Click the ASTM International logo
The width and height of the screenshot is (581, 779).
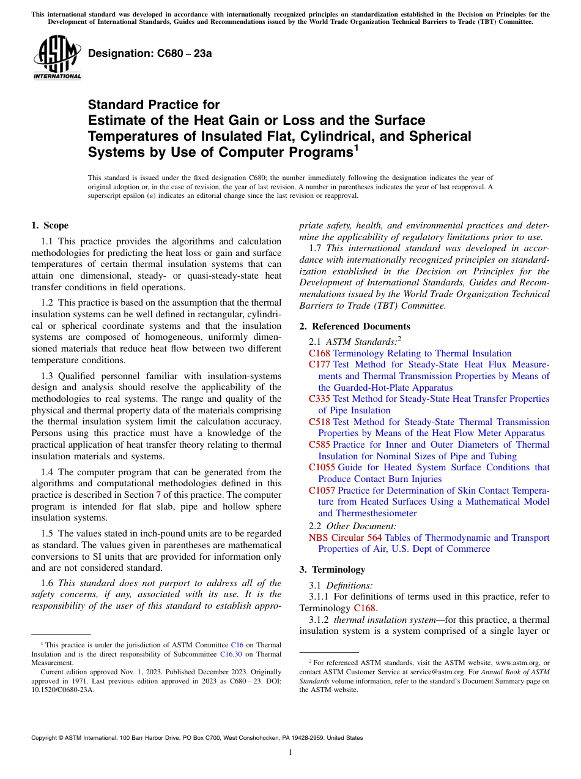[x=57, y=59]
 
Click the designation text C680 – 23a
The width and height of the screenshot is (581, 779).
[x=150, y=53]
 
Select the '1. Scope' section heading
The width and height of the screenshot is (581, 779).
[x=50, y=225]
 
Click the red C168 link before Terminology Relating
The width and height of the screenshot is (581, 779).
[x=319, y=353]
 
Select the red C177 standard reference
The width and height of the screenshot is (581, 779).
[x=319, y=364]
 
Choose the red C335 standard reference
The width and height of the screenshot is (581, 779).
[x=319, y=399]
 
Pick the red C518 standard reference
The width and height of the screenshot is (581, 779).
[x=319, y=422]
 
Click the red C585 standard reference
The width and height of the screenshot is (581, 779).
[x=319, y=445]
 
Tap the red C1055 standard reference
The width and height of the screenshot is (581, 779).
[x=322, y=467]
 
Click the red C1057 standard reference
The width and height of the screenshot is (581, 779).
[x=322, y=491]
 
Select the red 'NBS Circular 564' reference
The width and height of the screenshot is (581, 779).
[x=346, y=538]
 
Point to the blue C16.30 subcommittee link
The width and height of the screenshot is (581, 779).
[x=230, y=654]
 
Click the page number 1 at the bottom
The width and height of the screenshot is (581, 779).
[x=290, y=753]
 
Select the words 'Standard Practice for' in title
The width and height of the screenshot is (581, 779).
[x=154, y=105]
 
